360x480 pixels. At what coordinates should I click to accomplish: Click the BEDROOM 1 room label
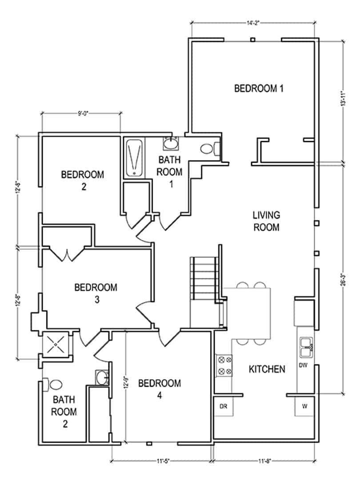[259, 88]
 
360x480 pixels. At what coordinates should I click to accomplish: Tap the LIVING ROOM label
[266, 221]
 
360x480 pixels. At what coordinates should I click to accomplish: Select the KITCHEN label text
[266, 369]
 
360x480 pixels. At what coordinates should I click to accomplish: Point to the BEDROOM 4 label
[160, 389]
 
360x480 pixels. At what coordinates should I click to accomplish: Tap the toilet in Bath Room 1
[209, 148]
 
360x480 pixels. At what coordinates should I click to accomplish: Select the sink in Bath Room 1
[171, 143]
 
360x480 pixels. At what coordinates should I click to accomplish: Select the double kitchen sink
[306, 348]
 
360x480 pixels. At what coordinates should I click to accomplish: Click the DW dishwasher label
[303, 365]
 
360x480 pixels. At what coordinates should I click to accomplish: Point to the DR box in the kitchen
[223, 406]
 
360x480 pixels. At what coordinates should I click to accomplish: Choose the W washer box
[305, 406]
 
